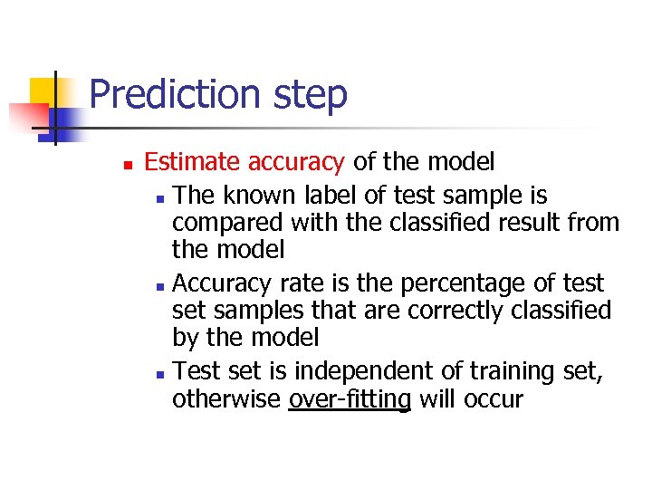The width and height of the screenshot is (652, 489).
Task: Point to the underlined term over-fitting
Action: coord(349,399)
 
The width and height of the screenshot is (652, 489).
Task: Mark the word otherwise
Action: coord(226,399)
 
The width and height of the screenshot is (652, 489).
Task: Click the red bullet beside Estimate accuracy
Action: coord(128,165)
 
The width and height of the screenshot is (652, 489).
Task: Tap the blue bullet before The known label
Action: coord(159,197)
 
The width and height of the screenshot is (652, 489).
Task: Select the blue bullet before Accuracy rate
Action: coord(159,286)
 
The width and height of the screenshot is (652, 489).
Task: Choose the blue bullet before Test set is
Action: coord(159,373)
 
